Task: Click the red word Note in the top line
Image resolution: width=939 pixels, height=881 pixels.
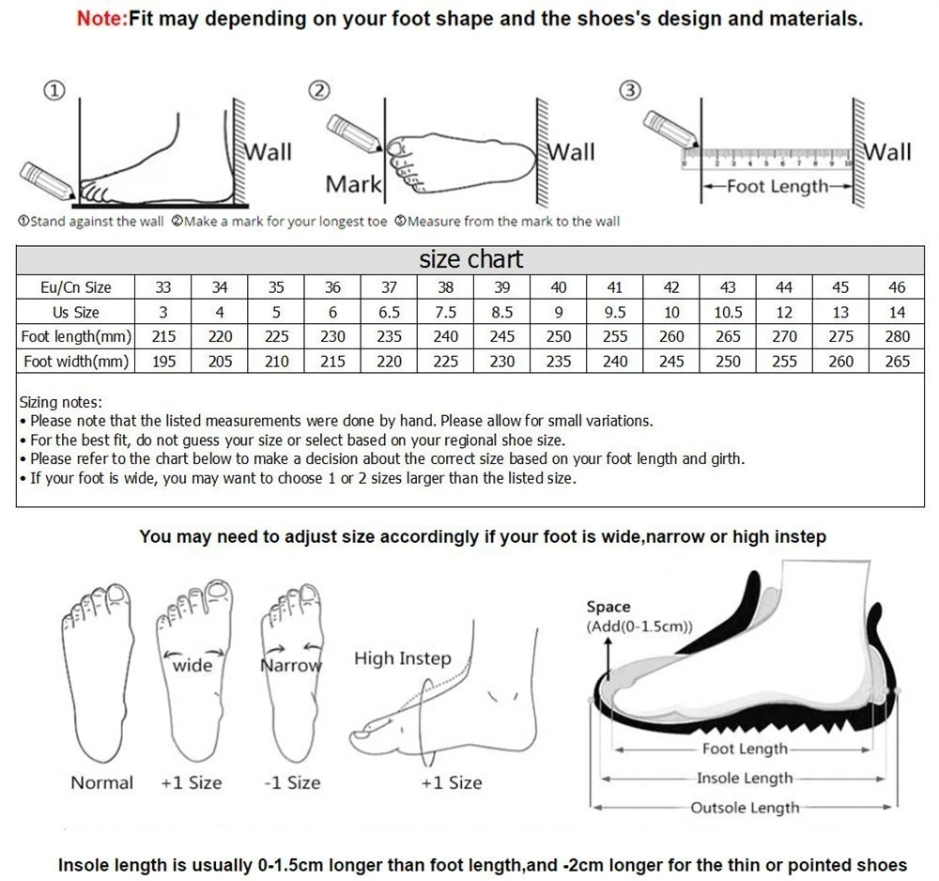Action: point(101,18)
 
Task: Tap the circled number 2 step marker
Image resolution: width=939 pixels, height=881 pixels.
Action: point(320,90)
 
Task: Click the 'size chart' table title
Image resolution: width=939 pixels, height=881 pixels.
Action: point(470,259)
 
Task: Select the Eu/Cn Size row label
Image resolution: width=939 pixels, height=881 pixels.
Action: point(75,287)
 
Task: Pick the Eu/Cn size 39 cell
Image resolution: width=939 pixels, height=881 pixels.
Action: point(502,287)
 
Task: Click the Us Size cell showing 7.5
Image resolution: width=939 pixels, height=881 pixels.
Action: point(446,312)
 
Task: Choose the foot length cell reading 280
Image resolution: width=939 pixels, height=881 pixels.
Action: point(897,336)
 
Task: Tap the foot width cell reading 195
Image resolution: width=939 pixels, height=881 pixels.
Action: point(163,361)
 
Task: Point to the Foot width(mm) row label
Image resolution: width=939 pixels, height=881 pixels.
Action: point(75,361)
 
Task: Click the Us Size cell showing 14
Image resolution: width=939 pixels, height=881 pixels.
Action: point(897,312)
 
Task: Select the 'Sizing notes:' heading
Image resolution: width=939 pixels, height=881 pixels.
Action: point(61,402)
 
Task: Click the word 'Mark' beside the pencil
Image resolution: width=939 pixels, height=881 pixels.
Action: point(353,185)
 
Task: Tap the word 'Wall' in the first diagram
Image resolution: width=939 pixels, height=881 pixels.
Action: point(269,152)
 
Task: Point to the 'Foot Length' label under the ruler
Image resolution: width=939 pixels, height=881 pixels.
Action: point(777,186)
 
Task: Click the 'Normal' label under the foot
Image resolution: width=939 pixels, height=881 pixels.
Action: point(101,782)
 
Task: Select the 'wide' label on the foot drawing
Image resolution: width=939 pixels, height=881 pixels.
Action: point(192,665)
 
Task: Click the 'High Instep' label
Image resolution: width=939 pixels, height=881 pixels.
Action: point(402,658)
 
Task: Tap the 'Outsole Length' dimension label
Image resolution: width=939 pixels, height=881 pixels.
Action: point(745,808)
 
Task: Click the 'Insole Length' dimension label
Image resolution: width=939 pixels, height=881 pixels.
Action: point(745,778)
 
